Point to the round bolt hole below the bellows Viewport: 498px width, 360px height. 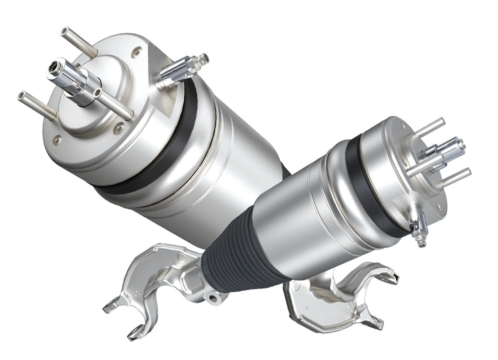click(213, 298)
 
